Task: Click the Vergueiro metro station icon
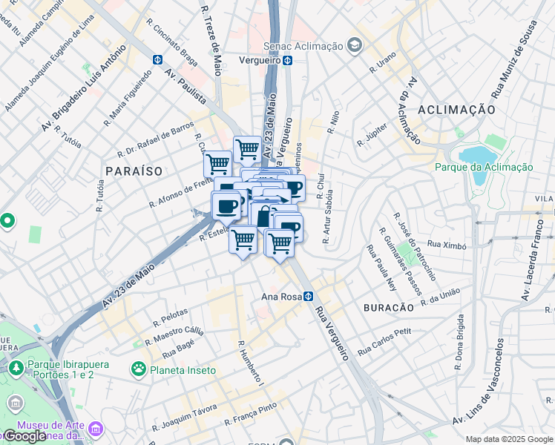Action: pyautogui.click(x=286, y=61)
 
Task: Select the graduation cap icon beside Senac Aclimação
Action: pyautogui.click(x=355, y=46)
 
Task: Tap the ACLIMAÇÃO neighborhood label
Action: pyautogui.click(x=456, y=109)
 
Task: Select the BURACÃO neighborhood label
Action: pyautogui.click(x=387, y=307)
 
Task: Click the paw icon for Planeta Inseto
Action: pyautogui.click(x=138, y=369)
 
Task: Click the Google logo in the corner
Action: pyautogui.click(x=24, y=436)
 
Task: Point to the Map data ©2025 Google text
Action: pyautogui.click(x=508, y=439)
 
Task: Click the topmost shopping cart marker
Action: pyautogui.click(x=247, y=149)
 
